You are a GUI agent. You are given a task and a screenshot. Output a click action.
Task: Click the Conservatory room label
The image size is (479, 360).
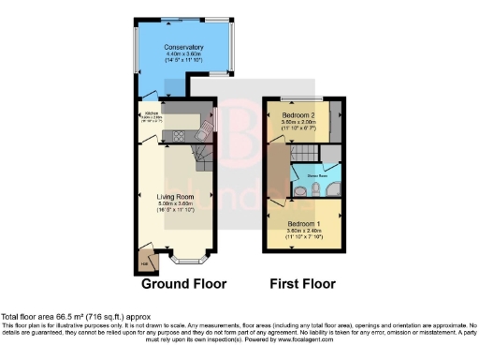183,48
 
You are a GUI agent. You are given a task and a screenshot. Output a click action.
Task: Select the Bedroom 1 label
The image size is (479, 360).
305,223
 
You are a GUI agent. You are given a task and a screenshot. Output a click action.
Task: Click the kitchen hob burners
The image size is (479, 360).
175,136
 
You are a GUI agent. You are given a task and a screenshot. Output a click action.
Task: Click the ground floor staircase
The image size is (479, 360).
200,151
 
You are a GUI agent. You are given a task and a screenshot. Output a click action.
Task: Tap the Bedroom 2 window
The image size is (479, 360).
303,98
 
